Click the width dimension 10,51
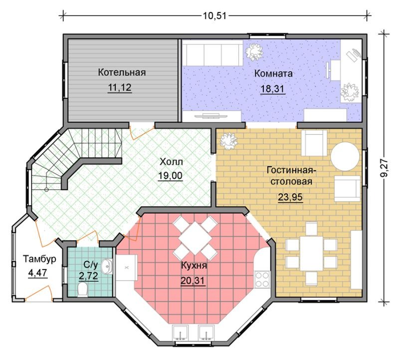pyautogui.click(x=214, y=15)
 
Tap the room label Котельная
pyautogui.click(x=122, y=72)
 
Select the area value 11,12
pyautogui.click(x=120, y=87)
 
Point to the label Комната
pyautogui.click(x=273, y=73)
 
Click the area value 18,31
pyautogui.click(x=272, y=89)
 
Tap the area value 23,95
pyautogui.click(x=290, y=197)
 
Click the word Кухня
pyautogui.click(x=194, y=266)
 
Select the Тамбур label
pyautogui.click(x=40, y=259)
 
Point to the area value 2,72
pyautogui.click(x=88, y=276)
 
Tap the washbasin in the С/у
pyautogui.click(x=107, y=267)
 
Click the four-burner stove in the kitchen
pyautogui.click(x=262, y=279)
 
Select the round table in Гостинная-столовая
pyautogui.click(x=345, y=156)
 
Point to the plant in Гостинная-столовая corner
pyautogui.click(x=228, y=141)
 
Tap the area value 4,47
pyautogui.click(x=38, y=273)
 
